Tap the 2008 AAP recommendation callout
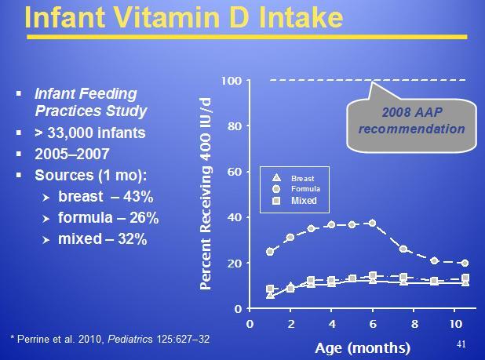pyautogui.click(x=412, y=120)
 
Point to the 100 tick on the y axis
pyautogui.click(x=232, y=80)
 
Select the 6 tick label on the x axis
pyautogui.click(x=372, y=323)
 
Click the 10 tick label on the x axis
pyautogui.click(x=454, y=323)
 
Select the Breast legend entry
pyautogui.click(x=302, y=178)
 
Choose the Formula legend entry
pyautogui.click(x=305, y=189)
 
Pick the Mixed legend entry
pyautogui.click(x=304, y=201)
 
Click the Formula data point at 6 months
pyautogui.click(x=373, y=223)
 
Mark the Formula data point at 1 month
pyautogui.click(x=271, y=252)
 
